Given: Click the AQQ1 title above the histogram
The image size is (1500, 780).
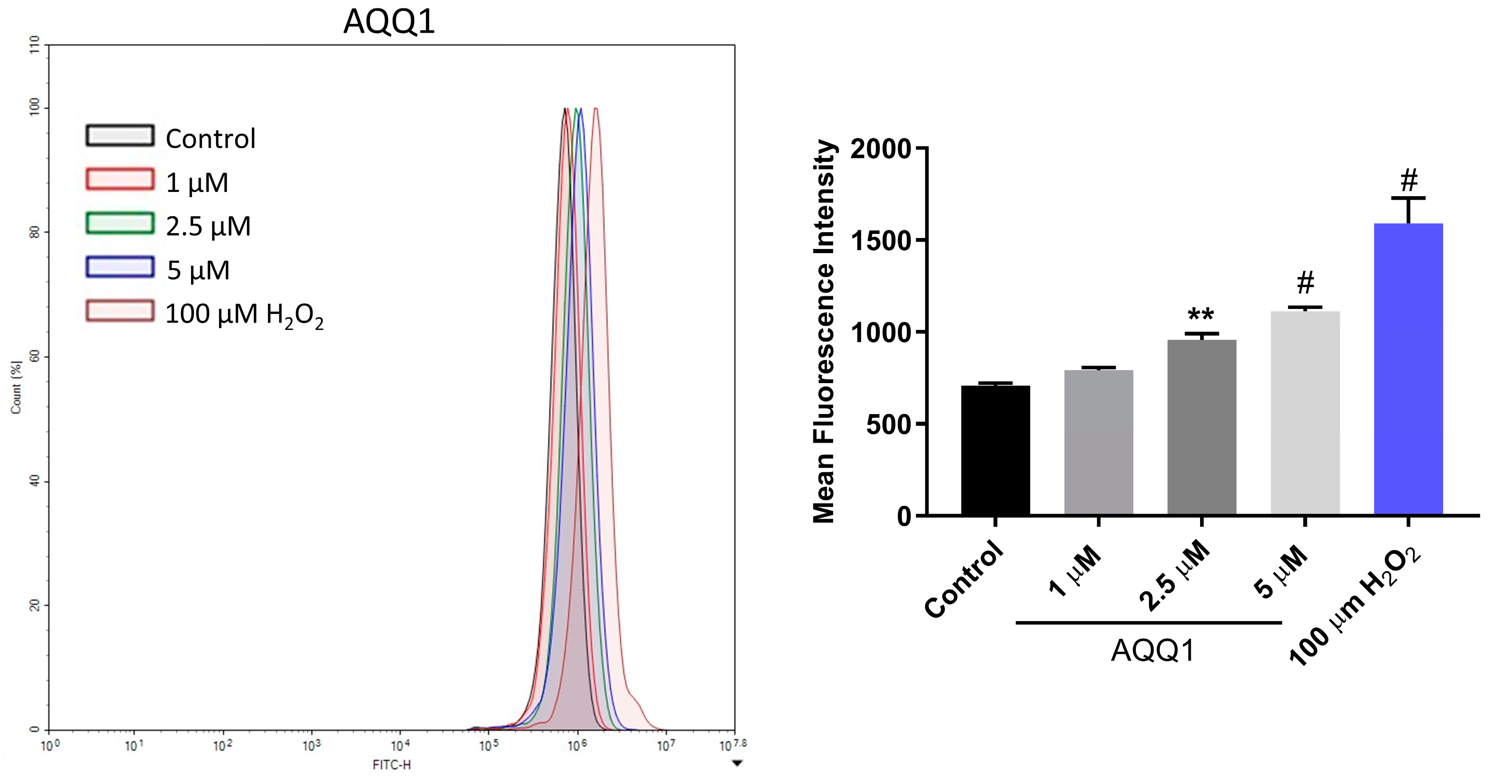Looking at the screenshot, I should [x=389, y=22].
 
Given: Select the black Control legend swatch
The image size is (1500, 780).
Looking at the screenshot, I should [x=120, y=136].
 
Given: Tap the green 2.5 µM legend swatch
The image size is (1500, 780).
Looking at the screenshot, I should [x=120, y=223].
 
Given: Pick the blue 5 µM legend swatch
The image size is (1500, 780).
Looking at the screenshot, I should [x=120, y=267].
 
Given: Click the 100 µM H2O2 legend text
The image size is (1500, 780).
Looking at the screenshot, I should [x=244, y=315].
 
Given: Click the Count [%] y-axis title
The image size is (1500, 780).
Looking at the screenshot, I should [x=16, y=387].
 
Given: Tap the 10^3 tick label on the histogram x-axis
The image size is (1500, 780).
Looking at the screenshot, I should [x=312, y=746].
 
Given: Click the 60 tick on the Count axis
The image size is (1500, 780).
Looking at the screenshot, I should [x=35, y=357].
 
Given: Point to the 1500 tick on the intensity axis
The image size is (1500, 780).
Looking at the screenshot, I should [x=880, y=241].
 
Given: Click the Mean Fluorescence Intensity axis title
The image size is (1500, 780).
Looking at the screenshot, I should [x=824, y=332].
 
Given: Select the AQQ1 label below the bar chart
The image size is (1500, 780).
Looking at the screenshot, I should [x=1153, y=650].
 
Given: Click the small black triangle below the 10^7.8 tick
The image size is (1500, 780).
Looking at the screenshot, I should [x=737, y=763].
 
